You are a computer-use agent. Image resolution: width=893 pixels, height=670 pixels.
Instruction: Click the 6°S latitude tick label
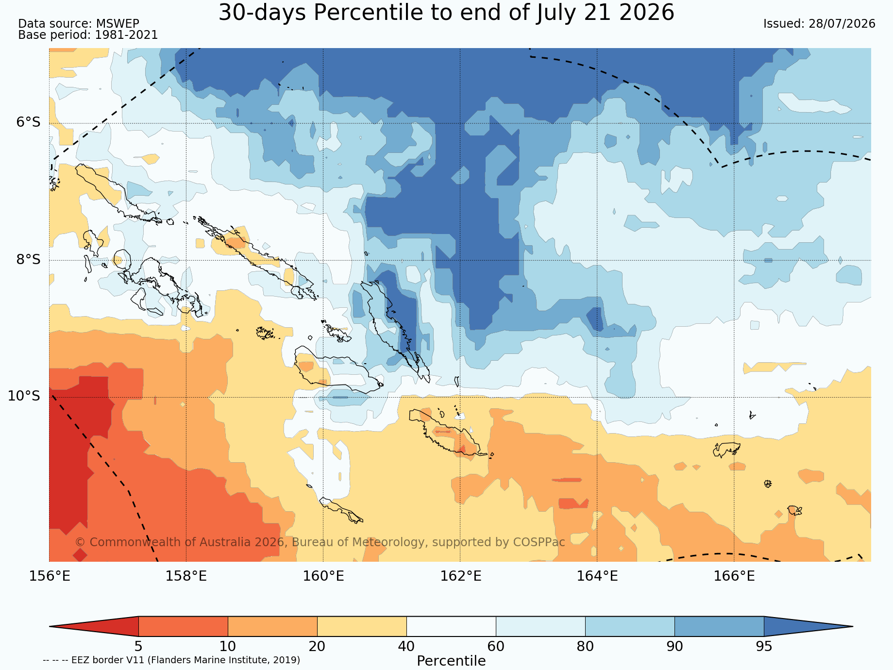tap(28, 122)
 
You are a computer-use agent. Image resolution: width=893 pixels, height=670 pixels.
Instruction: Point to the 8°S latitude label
tap(28, 259)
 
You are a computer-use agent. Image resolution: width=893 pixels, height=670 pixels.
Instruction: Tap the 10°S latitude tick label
tap(24, 396)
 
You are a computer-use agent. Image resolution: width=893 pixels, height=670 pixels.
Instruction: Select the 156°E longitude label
tap(50, 576)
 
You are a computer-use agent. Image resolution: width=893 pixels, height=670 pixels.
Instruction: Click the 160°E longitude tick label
tap(323, 576)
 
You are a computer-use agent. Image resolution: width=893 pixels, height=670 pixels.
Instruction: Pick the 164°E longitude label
tap(597, 576)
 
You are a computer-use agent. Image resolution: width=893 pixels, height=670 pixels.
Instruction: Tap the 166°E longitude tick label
tap(734, 576)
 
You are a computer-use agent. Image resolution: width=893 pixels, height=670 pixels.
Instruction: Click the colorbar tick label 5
tap(138, 647)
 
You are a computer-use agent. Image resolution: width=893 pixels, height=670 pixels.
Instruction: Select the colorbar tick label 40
tap(406, 647)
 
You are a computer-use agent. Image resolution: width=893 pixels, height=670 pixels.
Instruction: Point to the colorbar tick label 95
tap(764, 647)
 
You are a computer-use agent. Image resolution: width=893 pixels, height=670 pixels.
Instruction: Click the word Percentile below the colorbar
tap(451, 661)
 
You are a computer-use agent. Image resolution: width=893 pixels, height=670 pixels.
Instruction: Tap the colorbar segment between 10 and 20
tap(272, 626)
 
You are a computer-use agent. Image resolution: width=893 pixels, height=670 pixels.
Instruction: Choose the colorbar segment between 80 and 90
tap(630, 626)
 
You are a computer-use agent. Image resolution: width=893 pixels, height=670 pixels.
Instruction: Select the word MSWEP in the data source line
tap(118, 24)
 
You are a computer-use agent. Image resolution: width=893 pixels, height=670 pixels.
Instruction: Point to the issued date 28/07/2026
tap(842, 24)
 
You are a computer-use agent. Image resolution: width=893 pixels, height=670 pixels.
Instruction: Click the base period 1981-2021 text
tap(126, 35)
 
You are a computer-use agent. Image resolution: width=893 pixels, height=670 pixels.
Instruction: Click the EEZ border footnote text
tap(171, 660)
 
